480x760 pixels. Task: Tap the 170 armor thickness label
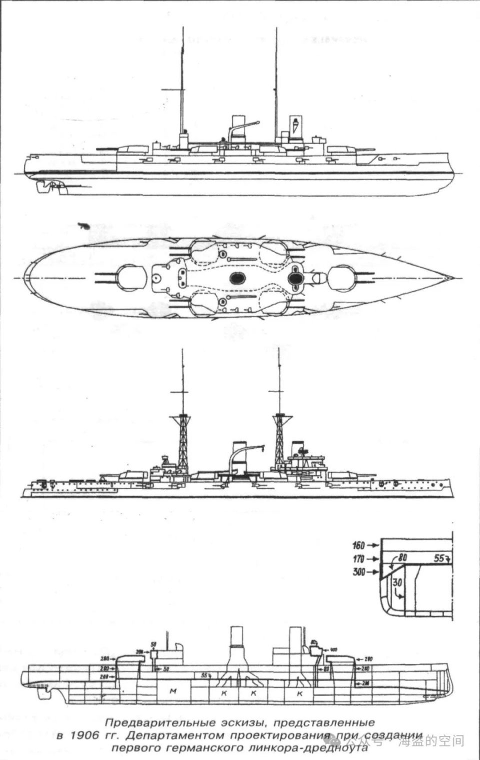pos(358,558)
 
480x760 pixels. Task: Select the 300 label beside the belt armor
pos(358,572)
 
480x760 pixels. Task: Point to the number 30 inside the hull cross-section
pos(397,582)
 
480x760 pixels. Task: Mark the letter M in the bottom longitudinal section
pos(173,691)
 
